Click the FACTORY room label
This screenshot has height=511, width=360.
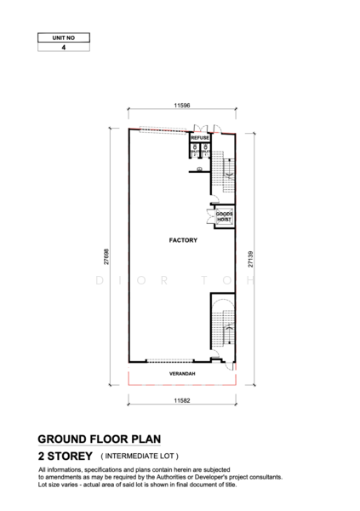click(x=183, y=240)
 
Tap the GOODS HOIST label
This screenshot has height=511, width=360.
click(x=223, y=216)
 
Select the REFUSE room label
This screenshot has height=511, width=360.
click(x=200, y=137)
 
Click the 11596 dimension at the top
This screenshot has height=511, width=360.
click(x=180, y=105)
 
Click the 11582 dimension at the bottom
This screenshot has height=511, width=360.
click(x=181, y=399)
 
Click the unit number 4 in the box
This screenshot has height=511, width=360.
click(x=63, y=49)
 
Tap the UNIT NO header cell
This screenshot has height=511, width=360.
click(x=63, y=38)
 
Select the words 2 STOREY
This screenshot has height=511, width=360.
click(x=65, y=456)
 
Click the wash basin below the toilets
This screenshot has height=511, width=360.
click(x=199, y=169)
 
